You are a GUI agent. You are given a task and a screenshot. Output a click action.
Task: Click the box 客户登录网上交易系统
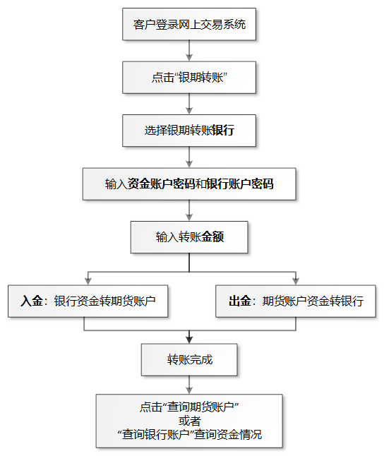[x=189, y=24]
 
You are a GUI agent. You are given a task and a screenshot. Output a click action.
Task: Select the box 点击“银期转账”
[x=189, y=78]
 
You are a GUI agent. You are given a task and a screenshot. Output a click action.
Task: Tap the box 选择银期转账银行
[x=189, y=131]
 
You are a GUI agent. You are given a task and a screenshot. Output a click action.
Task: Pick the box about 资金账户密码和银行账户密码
[x=189, y=184]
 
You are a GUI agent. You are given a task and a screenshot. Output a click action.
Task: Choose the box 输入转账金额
[x=189, y=237]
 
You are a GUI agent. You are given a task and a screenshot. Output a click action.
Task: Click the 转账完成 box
[x=189, y=360]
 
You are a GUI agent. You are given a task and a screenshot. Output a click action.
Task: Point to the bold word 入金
[x=32, y=301]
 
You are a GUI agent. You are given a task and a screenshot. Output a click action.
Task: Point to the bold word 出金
[x=240, y=301]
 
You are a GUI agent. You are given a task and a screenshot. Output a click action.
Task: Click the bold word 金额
[x=212, y=237]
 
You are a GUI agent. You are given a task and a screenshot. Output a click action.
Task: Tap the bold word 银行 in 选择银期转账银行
[x=223, y=131]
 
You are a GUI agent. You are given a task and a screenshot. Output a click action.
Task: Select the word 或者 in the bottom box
[x=190, y=421]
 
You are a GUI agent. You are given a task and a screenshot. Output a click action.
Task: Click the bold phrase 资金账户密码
[x=161, y=184]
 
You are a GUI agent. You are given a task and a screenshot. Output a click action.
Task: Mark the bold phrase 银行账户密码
[x=240, y=184]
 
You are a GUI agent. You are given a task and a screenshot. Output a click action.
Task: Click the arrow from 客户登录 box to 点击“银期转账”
[x=189, y=51]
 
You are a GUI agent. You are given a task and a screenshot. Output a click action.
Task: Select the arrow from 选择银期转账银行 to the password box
[x=189, y=157]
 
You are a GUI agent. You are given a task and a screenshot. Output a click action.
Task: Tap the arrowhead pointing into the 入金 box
[x=88, y=281]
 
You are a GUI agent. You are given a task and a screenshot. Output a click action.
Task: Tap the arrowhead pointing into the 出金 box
[x=296, y=281]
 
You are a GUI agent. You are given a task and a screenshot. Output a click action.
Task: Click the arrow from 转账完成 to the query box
[x=189, y=385]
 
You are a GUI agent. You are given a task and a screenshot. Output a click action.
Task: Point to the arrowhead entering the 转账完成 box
[x=189, y=340]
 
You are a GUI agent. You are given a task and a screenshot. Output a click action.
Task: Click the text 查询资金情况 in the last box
[x=228, y=435]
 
